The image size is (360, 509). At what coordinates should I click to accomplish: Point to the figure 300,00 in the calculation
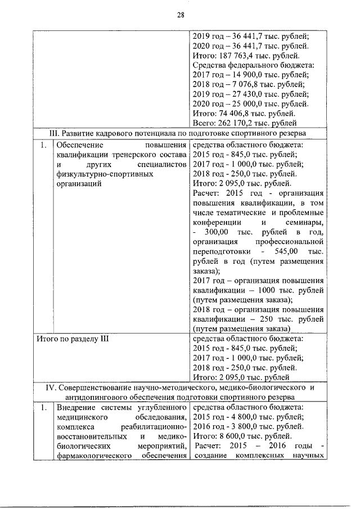pyautogui.click(x=215, y=232)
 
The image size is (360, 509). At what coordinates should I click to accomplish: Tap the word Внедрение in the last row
pyautogui.click(x=75, y=407)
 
